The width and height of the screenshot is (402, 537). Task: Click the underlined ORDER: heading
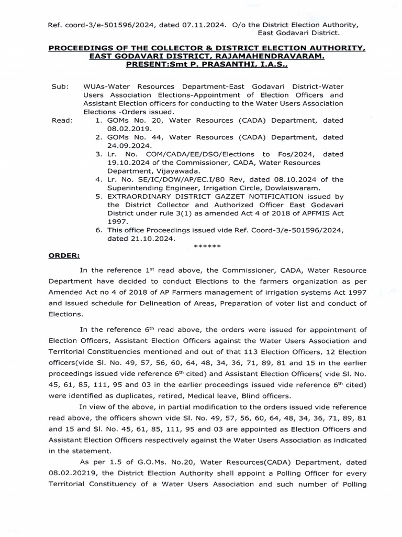(64, 255)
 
